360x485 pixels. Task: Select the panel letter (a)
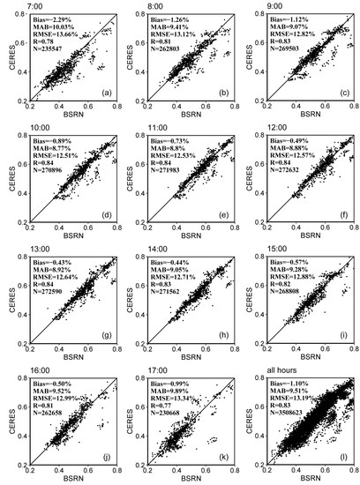pos(106,93)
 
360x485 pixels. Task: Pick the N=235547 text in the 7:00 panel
pos(56,50)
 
